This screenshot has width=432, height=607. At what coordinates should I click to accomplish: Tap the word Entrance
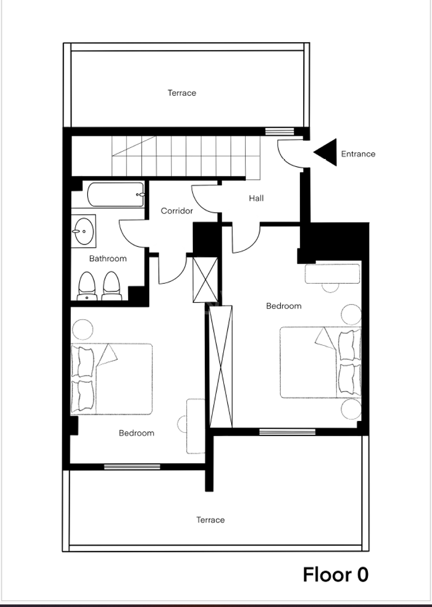tap(358, 154)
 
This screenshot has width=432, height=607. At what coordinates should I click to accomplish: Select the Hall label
tap(256, 198)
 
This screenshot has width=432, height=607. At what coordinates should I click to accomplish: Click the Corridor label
tap(177, 211)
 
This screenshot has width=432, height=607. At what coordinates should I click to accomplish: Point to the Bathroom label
tap(107, 259)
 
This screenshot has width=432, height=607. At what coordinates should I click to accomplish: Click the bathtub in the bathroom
tap(116, 194)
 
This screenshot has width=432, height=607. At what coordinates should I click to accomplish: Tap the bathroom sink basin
tap(84, 231)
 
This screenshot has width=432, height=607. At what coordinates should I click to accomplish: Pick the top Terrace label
tap(182, 93)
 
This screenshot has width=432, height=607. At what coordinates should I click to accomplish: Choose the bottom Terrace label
tap(210, 520)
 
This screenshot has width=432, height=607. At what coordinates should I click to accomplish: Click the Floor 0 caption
tap(335, 574)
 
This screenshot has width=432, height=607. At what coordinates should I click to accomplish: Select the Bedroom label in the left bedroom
tap(136, 433)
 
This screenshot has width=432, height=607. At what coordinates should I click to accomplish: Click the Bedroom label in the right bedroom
tap(283, 306)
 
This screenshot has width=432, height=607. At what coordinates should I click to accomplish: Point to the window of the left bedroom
tap(132, 467)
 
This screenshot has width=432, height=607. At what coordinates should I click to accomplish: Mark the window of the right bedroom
tap(287, 432)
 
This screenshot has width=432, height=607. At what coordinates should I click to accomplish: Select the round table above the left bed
tap(83, 330)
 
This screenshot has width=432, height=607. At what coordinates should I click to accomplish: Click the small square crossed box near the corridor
tap(205, 279)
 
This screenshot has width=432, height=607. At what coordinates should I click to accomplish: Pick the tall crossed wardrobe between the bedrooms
tap(220, 366)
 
